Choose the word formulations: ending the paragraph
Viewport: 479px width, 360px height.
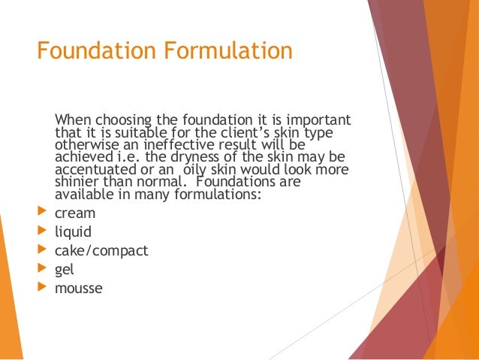click(x=219, y=194)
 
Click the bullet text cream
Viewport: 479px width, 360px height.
click(x=75, y=213)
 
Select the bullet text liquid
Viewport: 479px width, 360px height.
click(x=73, y=231)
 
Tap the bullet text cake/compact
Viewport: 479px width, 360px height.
click(x=101, y=250)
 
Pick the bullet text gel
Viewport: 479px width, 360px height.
click(x=64, y=269)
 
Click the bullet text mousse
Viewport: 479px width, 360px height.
click(x=78, y=287)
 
